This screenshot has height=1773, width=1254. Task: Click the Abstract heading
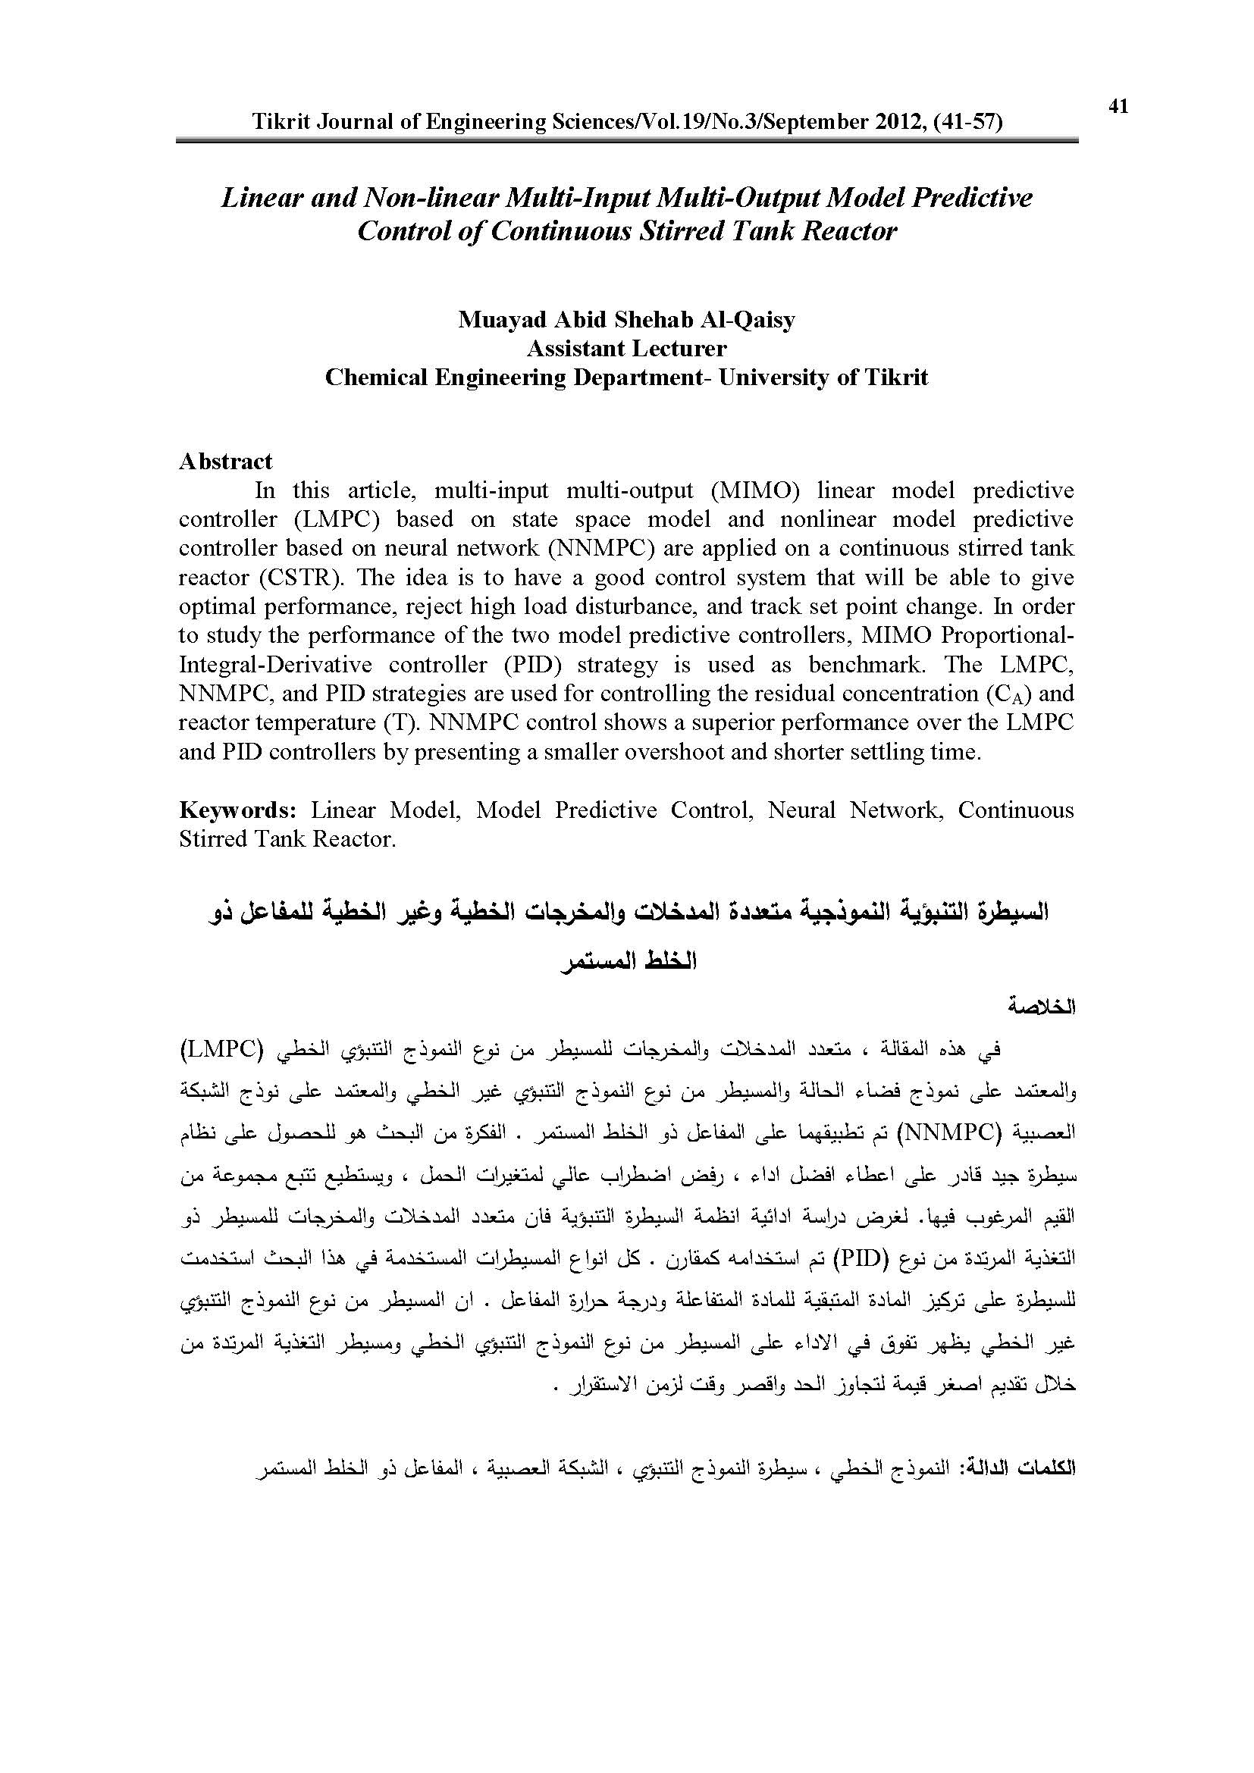pos(225,462)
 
